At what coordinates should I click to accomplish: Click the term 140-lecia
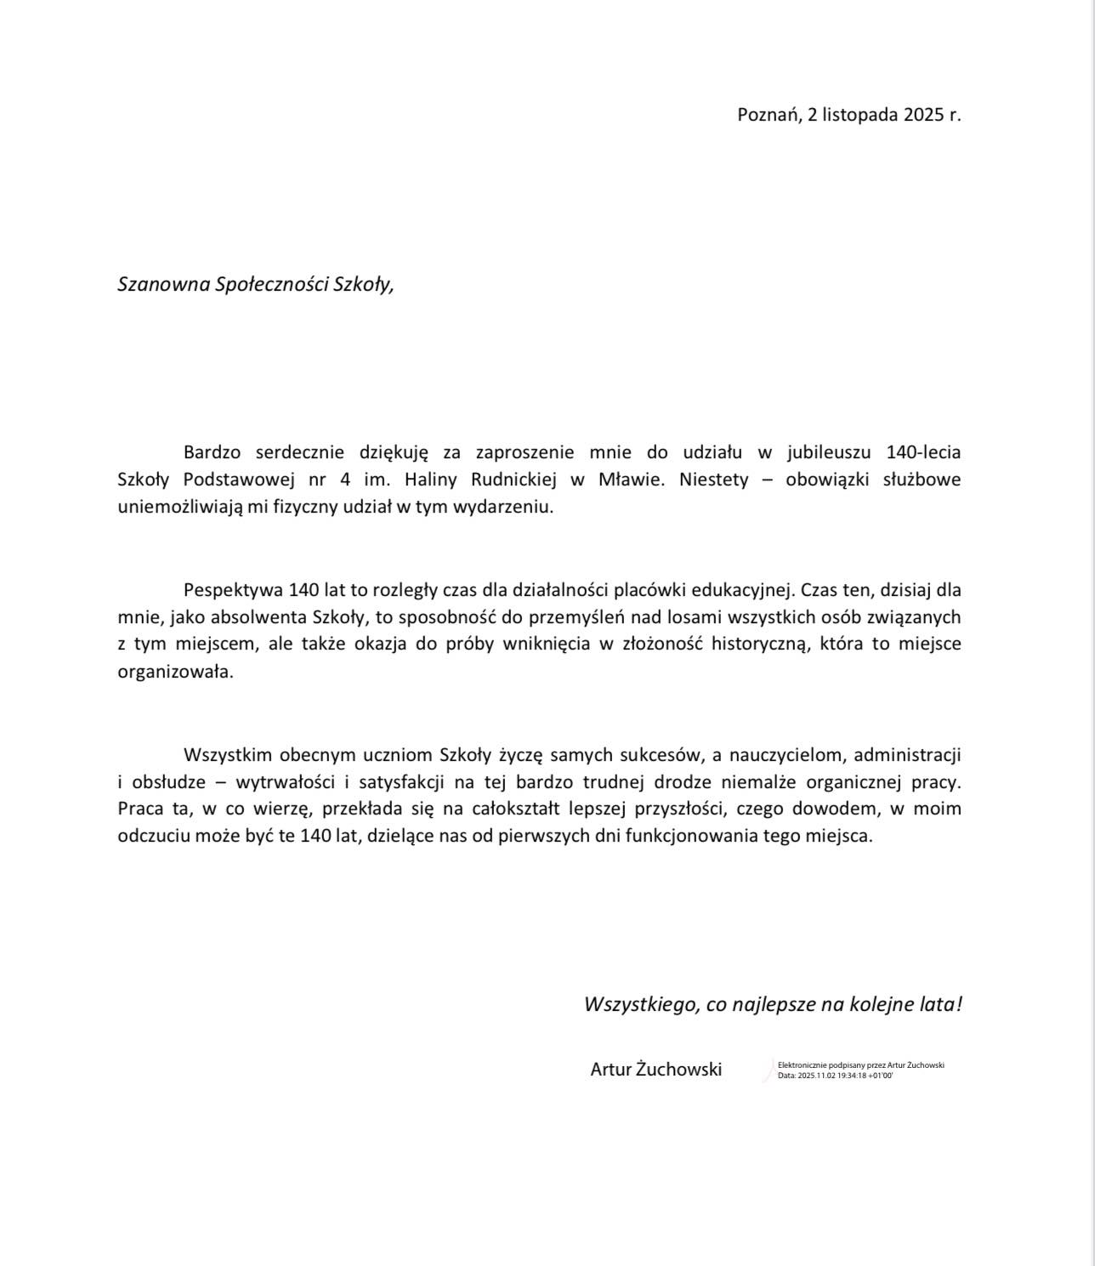tap(923, 451)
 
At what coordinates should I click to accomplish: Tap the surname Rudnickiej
tap(514, 480)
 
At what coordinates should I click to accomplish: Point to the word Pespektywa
tap(233, 590)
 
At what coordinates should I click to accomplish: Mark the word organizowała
tap(174, 672)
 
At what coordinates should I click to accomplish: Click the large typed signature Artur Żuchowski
tap(655, 1070)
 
